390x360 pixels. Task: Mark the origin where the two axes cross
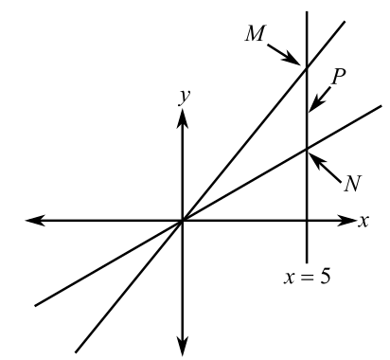click(182, 222)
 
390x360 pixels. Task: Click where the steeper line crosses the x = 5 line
click(307, 66)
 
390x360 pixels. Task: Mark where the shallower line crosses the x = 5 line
click(307, 148)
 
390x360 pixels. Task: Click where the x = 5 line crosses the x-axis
click(307, 222)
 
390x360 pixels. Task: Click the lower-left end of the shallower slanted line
click(35, 305)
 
